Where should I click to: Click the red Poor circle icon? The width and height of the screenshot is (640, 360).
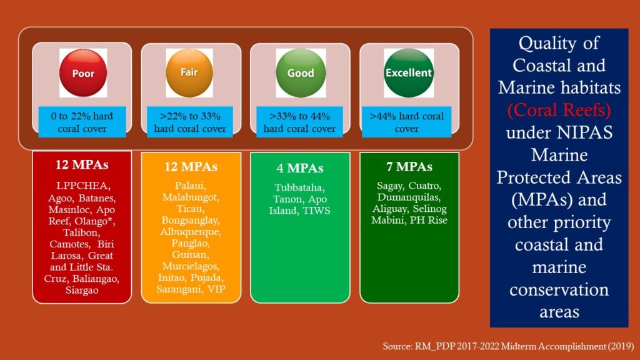click(x=83, y=73)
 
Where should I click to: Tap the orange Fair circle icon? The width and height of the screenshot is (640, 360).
click(x=189, y=72)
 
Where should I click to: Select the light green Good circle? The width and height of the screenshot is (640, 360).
click(x=301, y=73)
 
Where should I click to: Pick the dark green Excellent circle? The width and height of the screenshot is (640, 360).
click(x=409, y=73)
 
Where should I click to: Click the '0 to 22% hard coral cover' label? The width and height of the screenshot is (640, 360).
click(x=82, y=122)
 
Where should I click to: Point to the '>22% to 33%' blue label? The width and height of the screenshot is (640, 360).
click(x=190, y=122)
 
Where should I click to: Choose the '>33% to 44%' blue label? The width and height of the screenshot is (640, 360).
click(x=299, y=122)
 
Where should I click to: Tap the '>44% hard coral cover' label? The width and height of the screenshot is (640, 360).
click(x=406, y=122)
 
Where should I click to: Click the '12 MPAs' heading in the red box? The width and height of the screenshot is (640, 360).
click(x=82, y=164)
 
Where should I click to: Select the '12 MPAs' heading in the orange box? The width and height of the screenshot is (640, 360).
click(x=191, y=166)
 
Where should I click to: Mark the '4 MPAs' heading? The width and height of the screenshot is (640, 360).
click(x=300, y=167)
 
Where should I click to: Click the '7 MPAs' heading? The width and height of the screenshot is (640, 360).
click(x=409, y=166)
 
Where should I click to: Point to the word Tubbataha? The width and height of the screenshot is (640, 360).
click(x=299, y=187)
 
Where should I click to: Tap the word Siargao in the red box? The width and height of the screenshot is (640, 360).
click(x=82, y=290)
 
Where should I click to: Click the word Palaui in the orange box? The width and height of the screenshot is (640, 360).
click(x=191, y=186)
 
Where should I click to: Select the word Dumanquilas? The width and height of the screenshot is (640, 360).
click(x=409, y=197)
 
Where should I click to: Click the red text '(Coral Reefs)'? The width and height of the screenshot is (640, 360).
click(x=559, y=110)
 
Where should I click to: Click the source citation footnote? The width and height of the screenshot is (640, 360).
click(x=508, y=346)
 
